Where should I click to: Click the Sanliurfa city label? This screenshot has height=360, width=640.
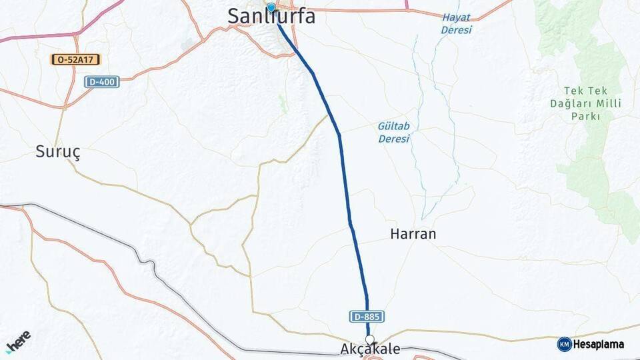271,17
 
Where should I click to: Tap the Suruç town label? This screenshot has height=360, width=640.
58,153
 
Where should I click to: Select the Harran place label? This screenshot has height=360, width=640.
413,234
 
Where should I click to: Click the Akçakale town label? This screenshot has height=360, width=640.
370,349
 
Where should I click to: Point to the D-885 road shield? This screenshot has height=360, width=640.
366,317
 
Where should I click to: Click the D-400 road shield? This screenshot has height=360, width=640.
101,81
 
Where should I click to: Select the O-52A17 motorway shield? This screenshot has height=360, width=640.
75,59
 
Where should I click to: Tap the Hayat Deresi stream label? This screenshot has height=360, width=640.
456,23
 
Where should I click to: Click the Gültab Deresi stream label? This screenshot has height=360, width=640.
394,132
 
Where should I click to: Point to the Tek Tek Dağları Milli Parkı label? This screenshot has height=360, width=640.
591,103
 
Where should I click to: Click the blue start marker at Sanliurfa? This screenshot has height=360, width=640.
271,7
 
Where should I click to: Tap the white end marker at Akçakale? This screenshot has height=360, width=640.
369,339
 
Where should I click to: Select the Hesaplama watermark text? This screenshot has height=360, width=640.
599,345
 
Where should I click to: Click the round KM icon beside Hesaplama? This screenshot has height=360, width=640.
564,345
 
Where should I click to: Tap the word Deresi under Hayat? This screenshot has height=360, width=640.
456,30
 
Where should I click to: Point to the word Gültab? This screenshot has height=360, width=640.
394,125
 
